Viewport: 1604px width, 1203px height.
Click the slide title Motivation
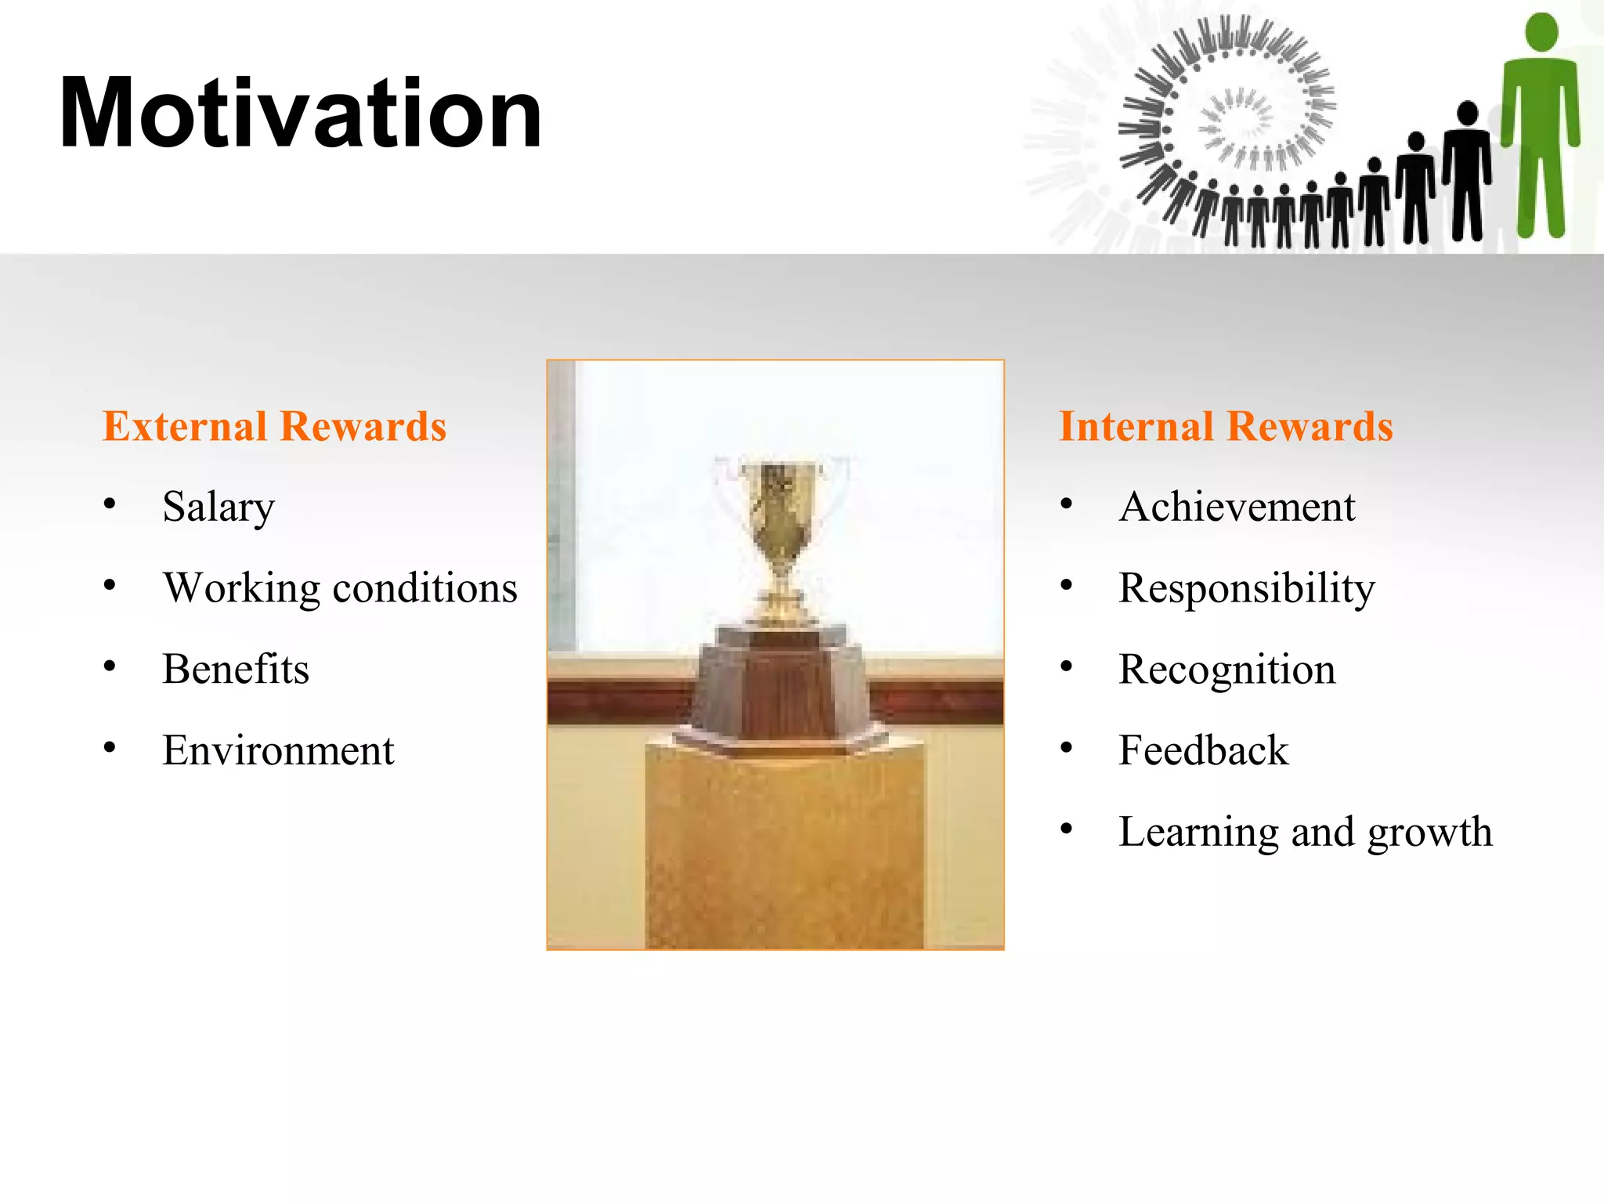point(300,114)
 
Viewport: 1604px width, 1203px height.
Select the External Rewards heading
point(274,427)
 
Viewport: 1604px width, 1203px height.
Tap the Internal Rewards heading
point(1226,427)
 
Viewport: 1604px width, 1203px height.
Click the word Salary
point(219,507)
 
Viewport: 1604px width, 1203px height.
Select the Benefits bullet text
point(236,670)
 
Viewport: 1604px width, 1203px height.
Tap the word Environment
point(278,750)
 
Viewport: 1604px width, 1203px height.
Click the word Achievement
point(1237,507)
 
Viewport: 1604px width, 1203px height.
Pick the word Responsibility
point(1246,588)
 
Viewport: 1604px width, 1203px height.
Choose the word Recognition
point(1226,670)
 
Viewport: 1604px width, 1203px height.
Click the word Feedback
point(1203,750)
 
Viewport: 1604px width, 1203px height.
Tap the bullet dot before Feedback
point(1066,748)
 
